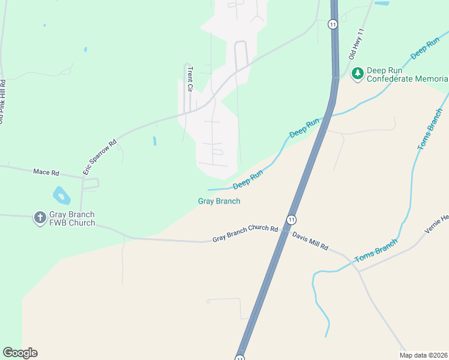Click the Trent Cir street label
188,78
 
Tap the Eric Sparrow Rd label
100,157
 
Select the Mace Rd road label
46,172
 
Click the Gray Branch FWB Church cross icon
40,218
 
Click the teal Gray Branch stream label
219,201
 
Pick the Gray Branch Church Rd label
245,235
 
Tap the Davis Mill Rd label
311,241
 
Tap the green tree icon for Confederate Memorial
358,74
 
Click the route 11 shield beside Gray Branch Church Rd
291,220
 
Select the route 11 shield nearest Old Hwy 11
333,24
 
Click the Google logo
20,353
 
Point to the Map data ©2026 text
423,355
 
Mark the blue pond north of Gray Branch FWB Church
61,194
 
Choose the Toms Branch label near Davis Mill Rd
376,251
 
